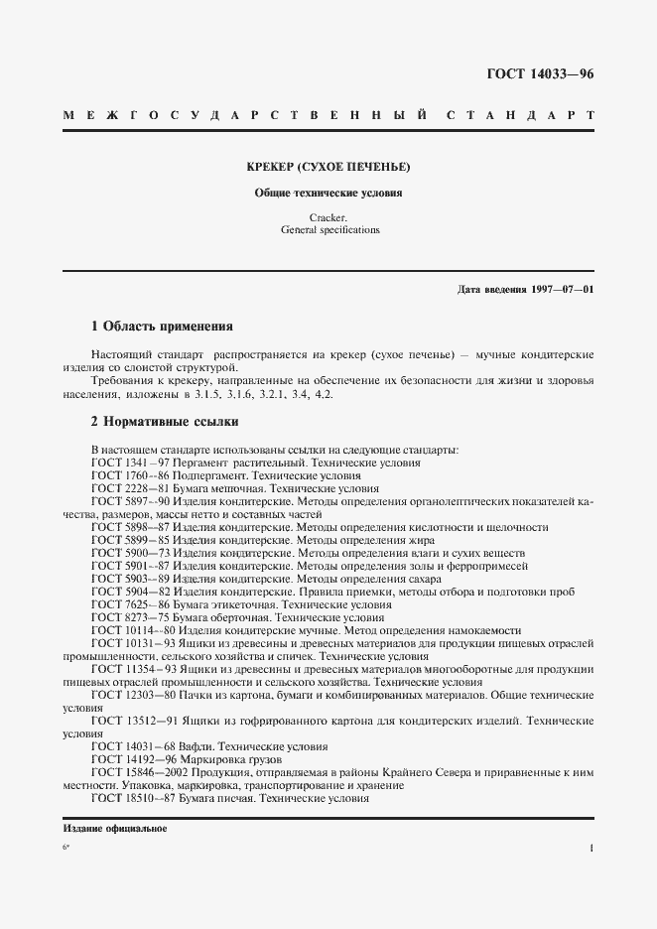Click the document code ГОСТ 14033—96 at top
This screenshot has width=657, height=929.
click(540, 74)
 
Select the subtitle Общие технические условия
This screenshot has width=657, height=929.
click(328, 194)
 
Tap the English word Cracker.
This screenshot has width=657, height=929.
click(328, 217)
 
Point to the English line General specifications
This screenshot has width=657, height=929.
click(328, 229)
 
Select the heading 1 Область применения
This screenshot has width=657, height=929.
click(161, 325)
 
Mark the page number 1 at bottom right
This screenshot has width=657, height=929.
click(591, 849)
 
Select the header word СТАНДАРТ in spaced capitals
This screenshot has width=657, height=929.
click(522, 116)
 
